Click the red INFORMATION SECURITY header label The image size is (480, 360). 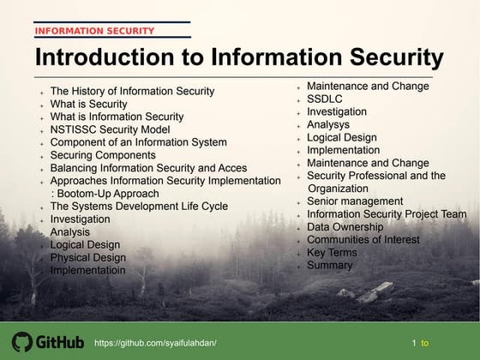click(95, 31)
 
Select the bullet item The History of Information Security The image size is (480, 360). click(133, 91)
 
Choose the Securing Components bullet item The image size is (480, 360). click(103, 155)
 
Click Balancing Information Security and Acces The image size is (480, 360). click(148, 168)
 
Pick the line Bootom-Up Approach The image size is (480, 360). click(111, 194)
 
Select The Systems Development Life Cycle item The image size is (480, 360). click(139, 207)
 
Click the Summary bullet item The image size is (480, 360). click(329, 266)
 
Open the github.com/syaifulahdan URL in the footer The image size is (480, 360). click(155, 343)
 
